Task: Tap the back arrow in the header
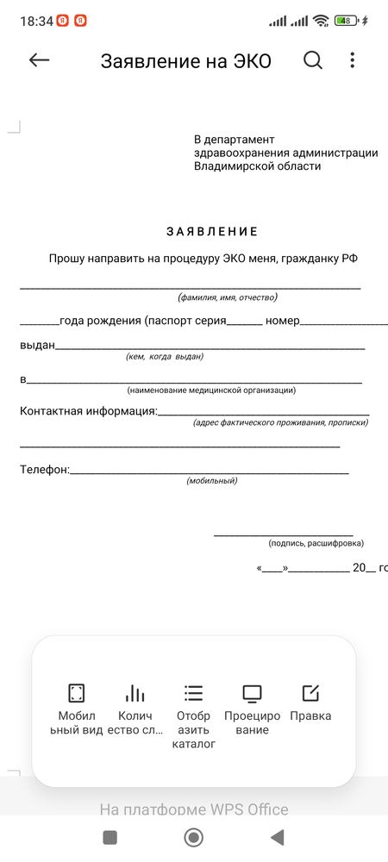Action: pyautogui.click(x=39, y=60)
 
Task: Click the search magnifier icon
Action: pyautogui.click(x=313, y=60)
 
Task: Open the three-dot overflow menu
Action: pyautogui.click(x=352, y=60)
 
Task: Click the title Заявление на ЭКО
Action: pyautogui.click(x=185, y=61)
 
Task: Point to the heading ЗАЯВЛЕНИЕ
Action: pyautogui.click(x=212, y=232)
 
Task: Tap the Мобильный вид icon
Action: pyautogui.click(x=77, y=693)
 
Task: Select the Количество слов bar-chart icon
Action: pyautogui.click(x=135, y=693)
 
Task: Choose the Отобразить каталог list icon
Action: pyautogui.click(x=193, y=693)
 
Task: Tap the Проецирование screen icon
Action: pyautogui.click(x=252, y=693)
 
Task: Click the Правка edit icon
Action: pyautogui.click(x=310, y=693)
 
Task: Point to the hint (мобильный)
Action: pyautogui.click(x=212, y=480)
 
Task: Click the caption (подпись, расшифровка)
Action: pyautogui.click(x=316, y=543)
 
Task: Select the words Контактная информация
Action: pyautogui.click(x=88, y=410)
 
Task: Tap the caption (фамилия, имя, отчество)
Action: pyautogui.click(x=228, y=297)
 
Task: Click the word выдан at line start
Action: pyautogui.click(x=37, y=345)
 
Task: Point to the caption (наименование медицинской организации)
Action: pyautogui.click(x=211, y=390)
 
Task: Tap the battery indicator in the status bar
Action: pyautogui.click(x=346, y=20)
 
